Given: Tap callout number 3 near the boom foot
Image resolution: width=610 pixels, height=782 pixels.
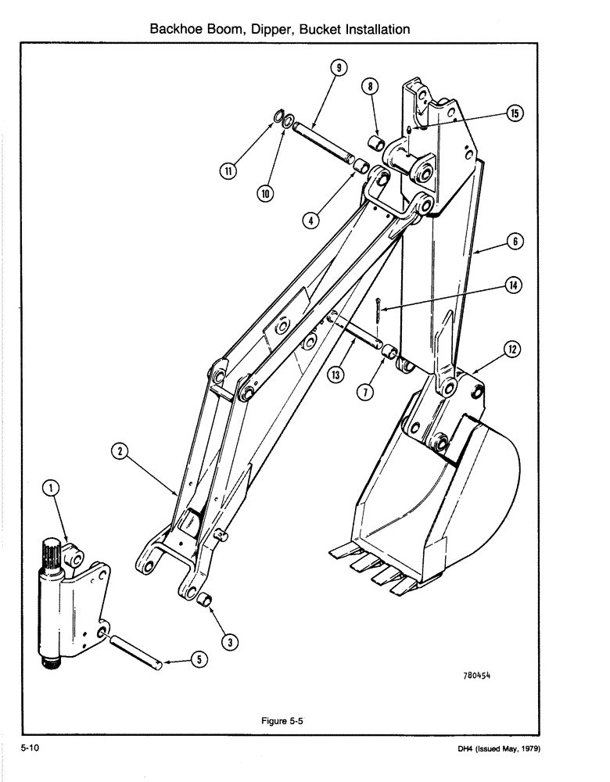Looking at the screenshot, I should [x=229, y=642].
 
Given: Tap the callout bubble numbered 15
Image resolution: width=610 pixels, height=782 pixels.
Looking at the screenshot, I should [x=515, y=113].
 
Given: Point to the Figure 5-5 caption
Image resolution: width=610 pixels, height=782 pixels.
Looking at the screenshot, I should [x=282, y=722].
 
